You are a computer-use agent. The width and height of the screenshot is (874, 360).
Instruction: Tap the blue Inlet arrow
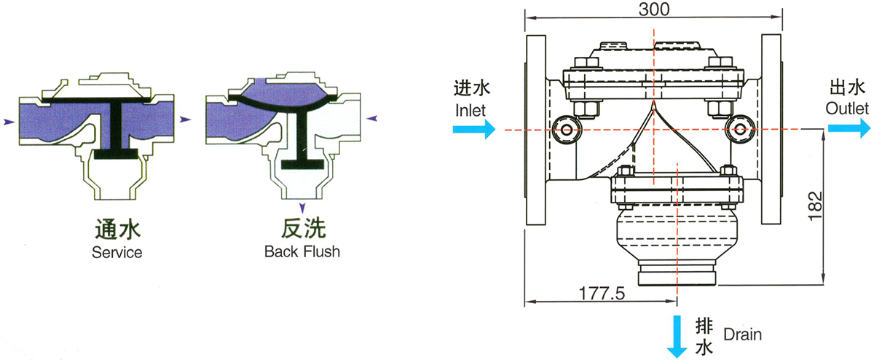coord(473,130)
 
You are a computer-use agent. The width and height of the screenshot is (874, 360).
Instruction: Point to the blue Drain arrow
coord(677,335)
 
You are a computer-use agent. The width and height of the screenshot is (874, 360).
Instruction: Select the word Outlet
coord(848,109)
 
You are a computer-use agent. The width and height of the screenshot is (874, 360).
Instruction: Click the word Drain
coord(742,335)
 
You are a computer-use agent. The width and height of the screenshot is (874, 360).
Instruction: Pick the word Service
coord(117,253)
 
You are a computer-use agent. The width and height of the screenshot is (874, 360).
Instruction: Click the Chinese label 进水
coord(471,90)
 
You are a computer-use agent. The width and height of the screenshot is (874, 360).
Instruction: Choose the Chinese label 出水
coord(847,88)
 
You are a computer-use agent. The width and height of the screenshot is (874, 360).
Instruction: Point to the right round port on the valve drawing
coord(740,129)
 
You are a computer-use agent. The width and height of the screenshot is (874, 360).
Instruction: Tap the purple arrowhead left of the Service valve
coord(9,122)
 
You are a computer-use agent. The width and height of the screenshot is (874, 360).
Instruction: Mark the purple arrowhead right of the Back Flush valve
coord(372,117)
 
